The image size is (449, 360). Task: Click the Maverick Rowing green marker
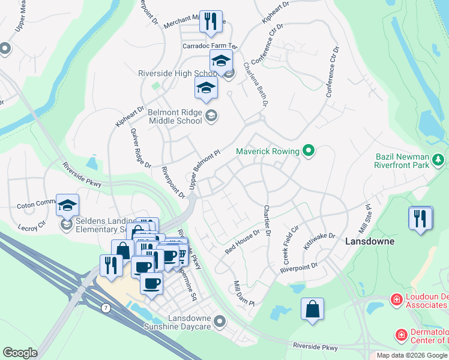pos(309,150)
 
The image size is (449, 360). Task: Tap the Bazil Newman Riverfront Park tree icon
pos(439,159)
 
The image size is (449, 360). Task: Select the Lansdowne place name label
pos(370,241)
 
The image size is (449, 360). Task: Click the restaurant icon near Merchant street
pos(210,22)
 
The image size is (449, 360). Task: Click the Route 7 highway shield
pos(106,308)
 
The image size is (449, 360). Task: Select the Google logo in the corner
pos(20,353)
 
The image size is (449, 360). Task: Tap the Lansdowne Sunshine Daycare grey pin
pos(220,322)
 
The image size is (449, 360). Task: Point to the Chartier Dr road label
pos(267,220)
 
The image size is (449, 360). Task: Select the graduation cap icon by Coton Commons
pos(68,205)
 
